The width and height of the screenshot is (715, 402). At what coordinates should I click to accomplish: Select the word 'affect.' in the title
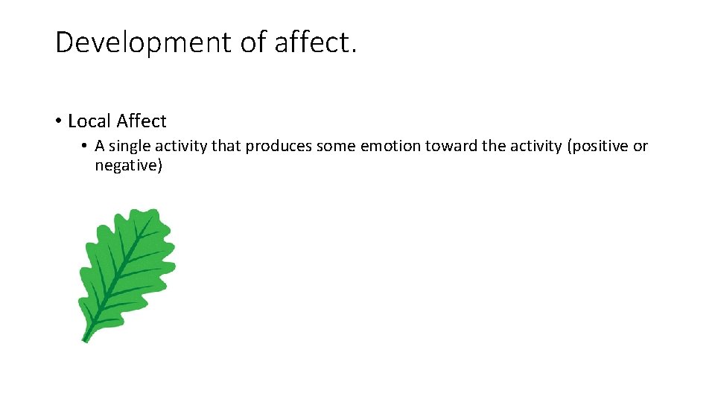click(x=316, y=42)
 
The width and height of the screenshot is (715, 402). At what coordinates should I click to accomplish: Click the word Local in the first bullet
click(x=89, y=121)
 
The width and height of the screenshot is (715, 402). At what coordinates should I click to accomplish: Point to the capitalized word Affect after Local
click(x=142, y=121)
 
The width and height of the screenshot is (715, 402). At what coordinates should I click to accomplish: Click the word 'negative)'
click(x=128, y=165)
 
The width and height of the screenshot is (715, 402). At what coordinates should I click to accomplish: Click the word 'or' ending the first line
click(x=641, y=146)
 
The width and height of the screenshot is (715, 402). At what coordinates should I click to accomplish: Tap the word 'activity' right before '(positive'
click(x=536, y=146)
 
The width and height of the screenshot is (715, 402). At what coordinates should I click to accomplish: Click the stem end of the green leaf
click(x=85, y=339)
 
